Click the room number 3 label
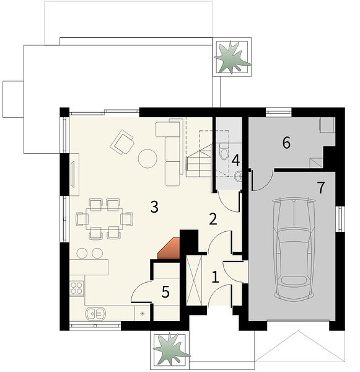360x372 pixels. pos(154,206)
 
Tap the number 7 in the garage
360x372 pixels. pos(321,188)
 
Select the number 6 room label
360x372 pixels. pos(286,143)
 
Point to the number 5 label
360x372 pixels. pos(165,291)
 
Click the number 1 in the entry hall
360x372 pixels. pos(215,277)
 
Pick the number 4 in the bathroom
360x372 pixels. pos(235,161)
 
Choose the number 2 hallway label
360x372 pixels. pos(213,219)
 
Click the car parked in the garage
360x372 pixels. pos(294,249)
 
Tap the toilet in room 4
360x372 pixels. pos(224,151)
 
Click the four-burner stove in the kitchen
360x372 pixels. pos(77,288)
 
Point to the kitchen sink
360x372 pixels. pos(95,313)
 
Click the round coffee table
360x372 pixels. pos(147,159)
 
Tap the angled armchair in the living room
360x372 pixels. pos(122,143)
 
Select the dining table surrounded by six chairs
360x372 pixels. pos(104,218)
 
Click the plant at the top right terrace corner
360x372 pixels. pos(232,57)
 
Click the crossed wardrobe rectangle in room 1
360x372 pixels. pos(194,280)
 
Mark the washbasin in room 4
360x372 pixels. pos(238,176)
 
